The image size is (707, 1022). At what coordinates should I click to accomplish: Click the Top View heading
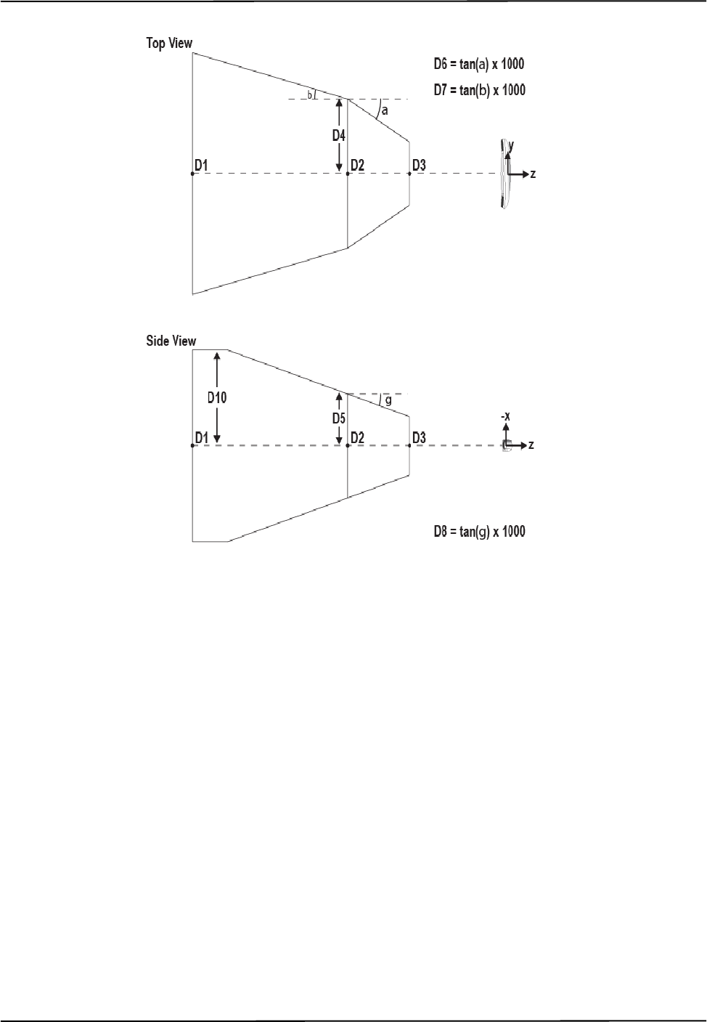pos(169,44)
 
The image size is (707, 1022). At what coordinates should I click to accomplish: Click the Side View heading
pos(171,341)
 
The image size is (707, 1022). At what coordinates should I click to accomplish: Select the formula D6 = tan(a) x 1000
pos(479,64)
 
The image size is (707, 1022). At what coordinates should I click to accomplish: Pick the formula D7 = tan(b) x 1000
pos(479,90)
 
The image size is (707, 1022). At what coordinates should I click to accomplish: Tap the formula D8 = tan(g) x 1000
pos(479,532)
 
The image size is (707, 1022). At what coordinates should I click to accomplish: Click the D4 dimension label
pos(339,135)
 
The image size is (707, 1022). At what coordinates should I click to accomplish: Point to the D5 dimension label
pos(339,418)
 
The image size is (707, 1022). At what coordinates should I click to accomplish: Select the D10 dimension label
pos(217,397)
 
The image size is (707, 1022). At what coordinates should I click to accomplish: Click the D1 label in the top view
pos(202,166)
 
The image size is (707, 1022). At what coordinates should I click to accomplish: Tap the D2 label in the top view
pos(357,166)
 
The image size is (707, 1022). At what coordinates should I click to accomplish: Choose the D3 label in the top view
pos(419,166)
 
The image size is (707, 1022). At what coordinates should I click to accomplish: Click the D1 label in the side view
pos(202,437)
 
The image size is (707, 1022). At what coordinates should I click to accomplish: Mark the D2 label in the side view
pos(357,437)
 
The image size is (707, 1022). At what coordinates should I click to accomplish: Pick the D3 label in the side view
pos(419,437)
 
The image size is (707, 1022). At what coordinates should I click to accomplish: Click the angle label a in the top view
pos(385,111)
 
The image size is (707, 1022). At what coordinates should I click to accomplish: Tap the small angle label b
pos(309,94)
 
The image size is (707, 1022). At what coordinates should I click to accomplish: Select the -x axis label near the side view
pos(507,417)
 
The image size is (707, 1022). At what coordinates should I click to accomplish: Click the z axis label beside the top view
pos(533,174)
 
